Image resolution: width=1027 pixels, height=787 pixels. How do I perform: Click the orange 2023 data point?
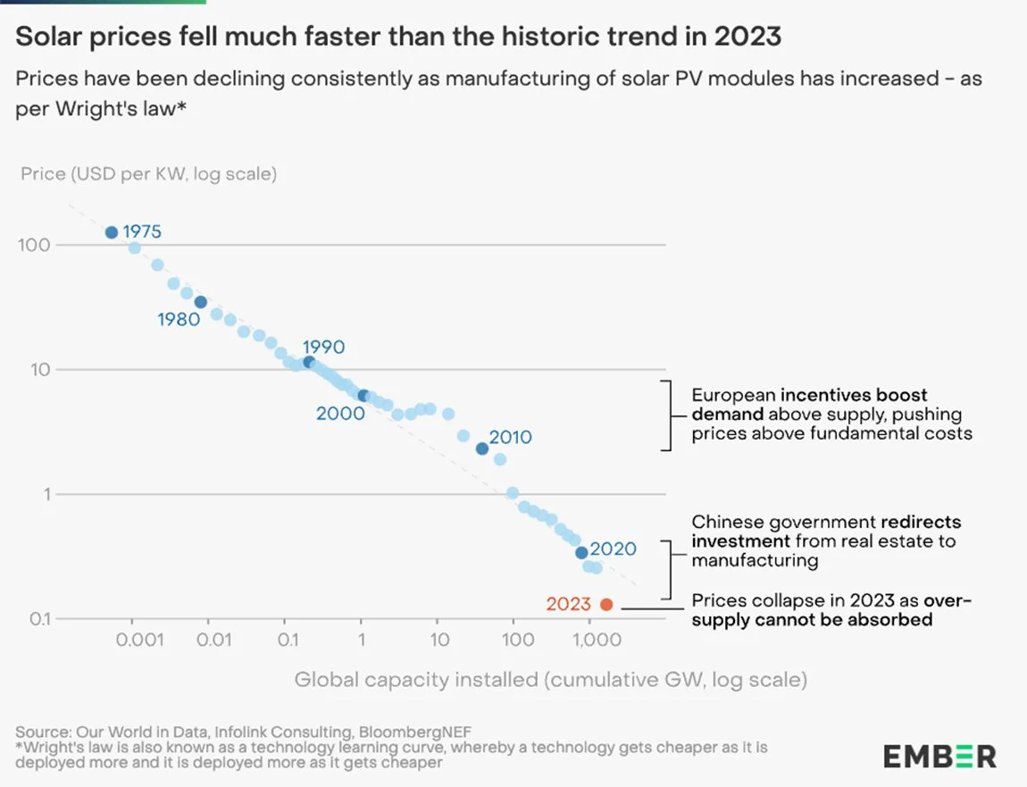tap(606, 605)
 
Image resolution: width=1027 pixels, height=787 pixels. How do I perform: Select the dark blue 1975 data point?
tap(112, 232)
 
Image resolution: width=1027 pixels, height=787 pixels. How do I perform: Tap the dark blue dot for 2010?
tap(482, 448)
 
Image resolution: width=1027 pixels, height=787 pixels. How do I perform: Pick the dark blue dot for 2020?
tap(581, 553)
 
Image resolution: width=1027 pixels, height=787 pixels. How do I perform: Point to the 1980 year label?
tap(179, 319)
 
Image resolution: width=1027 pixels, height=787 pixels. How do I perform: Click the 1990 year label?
tap(323, 347)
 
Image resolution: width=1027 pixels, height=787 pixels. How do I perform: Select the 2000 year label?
tap(340, 414)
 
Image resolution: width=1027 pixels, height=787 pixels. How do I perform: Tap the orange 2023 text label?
tap(569, 605)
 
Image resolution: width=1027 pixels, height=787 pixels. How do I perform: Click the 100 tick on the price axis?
tap(33, 245)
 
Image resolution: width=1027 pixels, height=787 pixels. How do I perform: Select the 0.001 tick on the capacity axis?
tap(132, 640)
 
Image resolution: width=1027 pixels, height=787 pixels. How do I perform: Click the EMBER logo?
tap(939, 757)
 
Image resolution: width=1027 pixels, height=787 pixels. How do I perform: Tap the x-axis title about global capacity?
tap(550, 680)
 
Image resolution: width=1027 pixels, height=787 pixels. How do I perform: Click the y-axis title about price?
tap(148, 173)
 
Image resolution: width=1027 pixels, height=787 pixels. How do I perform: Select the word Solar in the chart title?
tap(46, 37)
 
